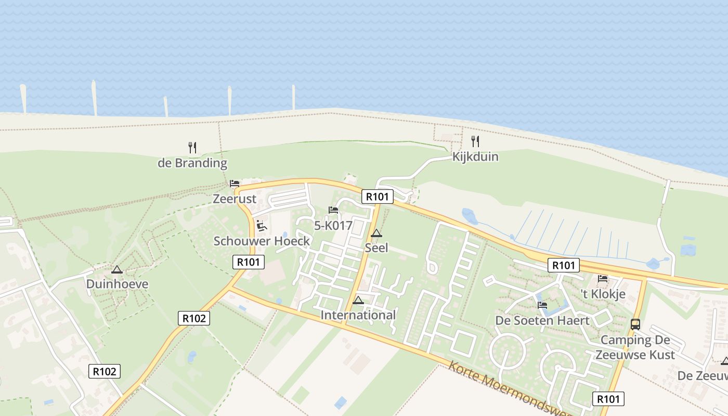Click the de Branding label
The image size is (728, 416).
[x=192, y=163]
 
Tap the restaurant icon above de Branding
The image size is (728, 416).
[x=192, y=148]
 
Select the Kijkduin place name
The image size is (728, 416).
[x=475, y=157]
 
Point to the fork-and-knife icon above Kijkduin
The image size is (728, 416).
[x=475, y=141]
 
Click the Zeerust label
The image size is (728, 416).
[x=235, y=199]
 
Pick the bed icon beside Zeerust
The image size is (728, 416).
[x=235, y=184]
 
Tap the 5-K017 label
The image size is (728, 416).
[x=333, y=226]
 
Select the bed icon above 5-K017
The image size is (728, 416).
[x=333, y=210]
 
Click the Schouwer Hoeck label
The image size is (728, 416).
[x=262, y=241]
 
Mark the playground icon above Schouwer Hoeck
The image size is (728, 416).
[x=262, y=225]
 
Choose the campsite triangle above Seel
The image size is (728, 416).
[x=376, y=233]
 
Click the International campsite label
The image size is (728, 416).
[x=358, y=315]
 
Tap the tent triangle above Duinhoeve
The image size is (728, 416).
[x=117, y=269]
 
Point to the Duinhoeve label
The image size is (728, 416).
[x=117, y=284]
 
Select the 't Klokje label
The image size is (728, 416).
[x=603, y=294]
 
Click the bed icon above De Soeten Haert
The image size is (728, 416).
[x=542, y=305]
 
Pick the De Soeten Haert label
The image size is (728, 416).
[x=542, y=320]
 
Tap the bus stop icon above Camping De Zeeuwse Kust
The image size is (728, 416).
[x=635, y=324]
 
